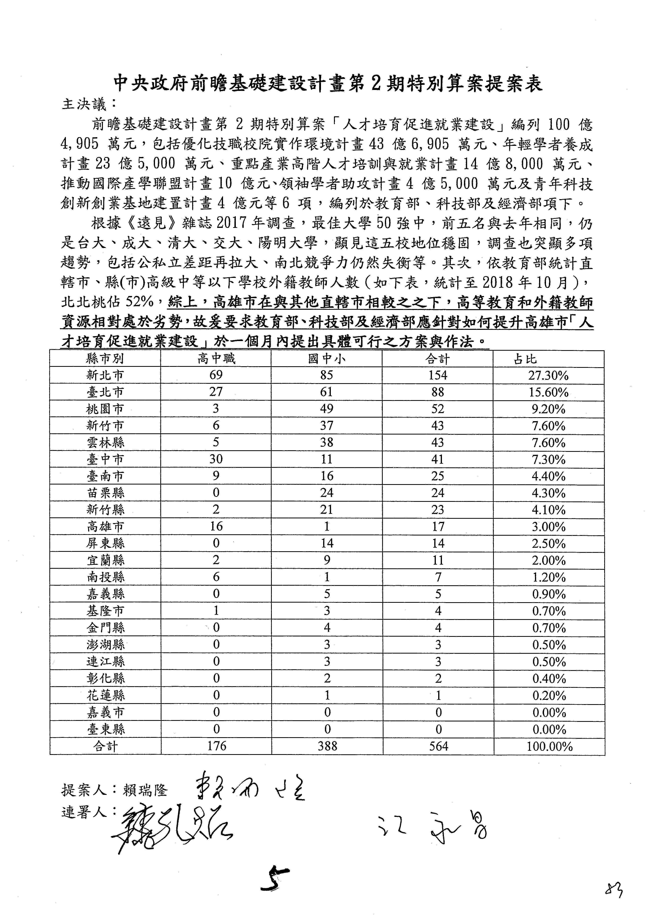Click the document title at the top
click(328, 83)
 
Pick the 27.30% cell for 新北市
click(548, 375)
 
